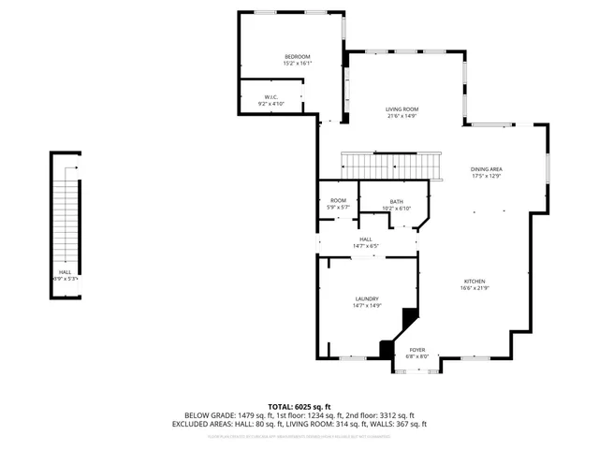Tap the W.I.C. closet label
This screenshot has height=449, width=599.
click(270, 97)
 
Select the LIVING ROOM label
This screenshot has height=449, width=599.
click(402, 109)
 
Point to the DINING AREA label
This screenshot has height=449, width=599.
click(487, 169)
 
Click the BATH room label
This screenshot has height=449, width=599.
click(397, 202)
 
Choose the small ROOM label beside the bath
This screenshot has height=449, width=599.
click(338, 200)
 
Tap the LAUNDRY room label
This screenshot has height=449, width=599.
click(366, 298)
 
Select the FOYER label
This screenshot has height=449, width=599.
click(416, 350)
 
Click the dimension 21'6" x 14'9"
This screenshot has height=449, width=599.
click(402, 116)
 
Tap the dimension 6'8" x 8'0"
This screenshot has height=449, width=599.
click(416, 356)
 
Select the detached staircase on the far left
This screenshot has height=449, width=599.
click(65, 224)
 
